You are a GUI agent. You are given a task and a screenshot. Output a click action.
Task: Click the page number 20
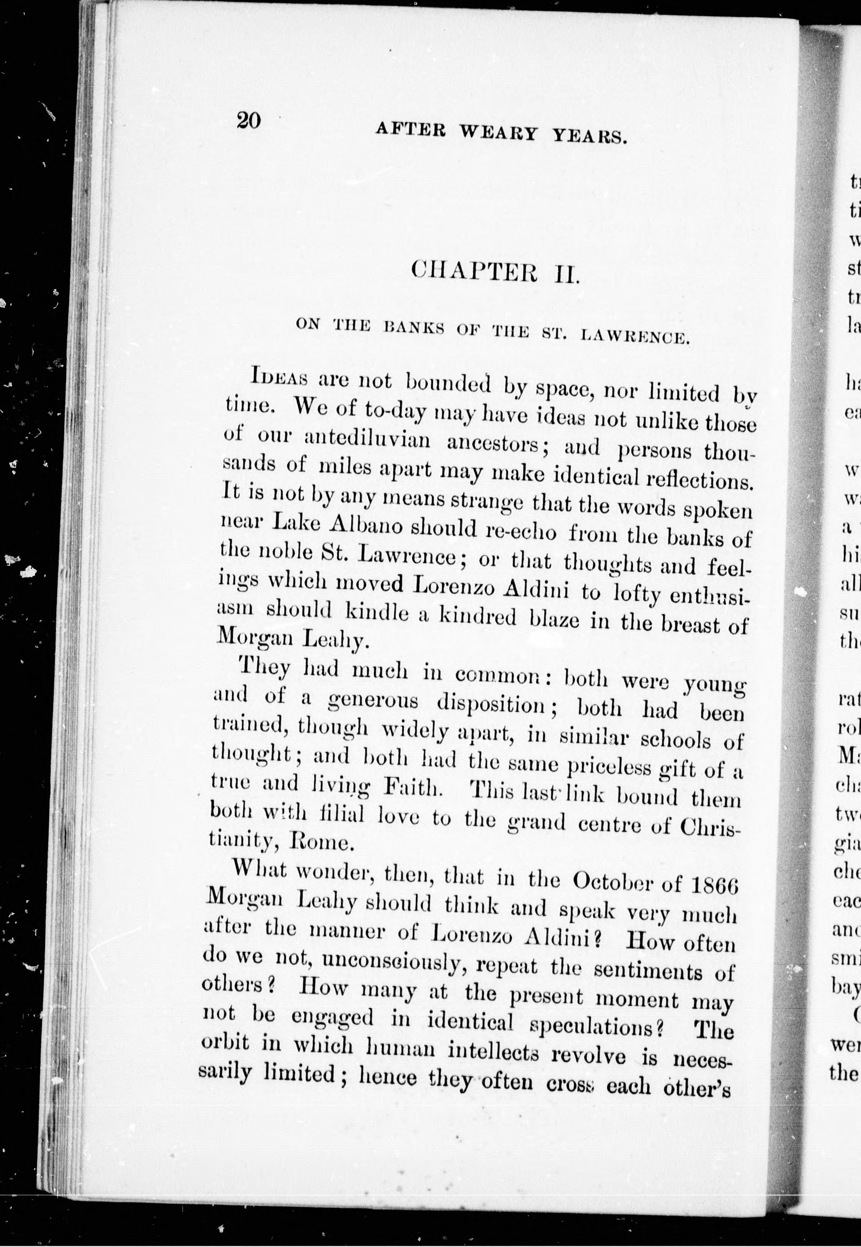tap(248, 120)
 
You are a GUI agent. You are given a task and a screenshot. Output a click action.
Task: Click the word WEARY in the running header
tap(498, 132)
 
